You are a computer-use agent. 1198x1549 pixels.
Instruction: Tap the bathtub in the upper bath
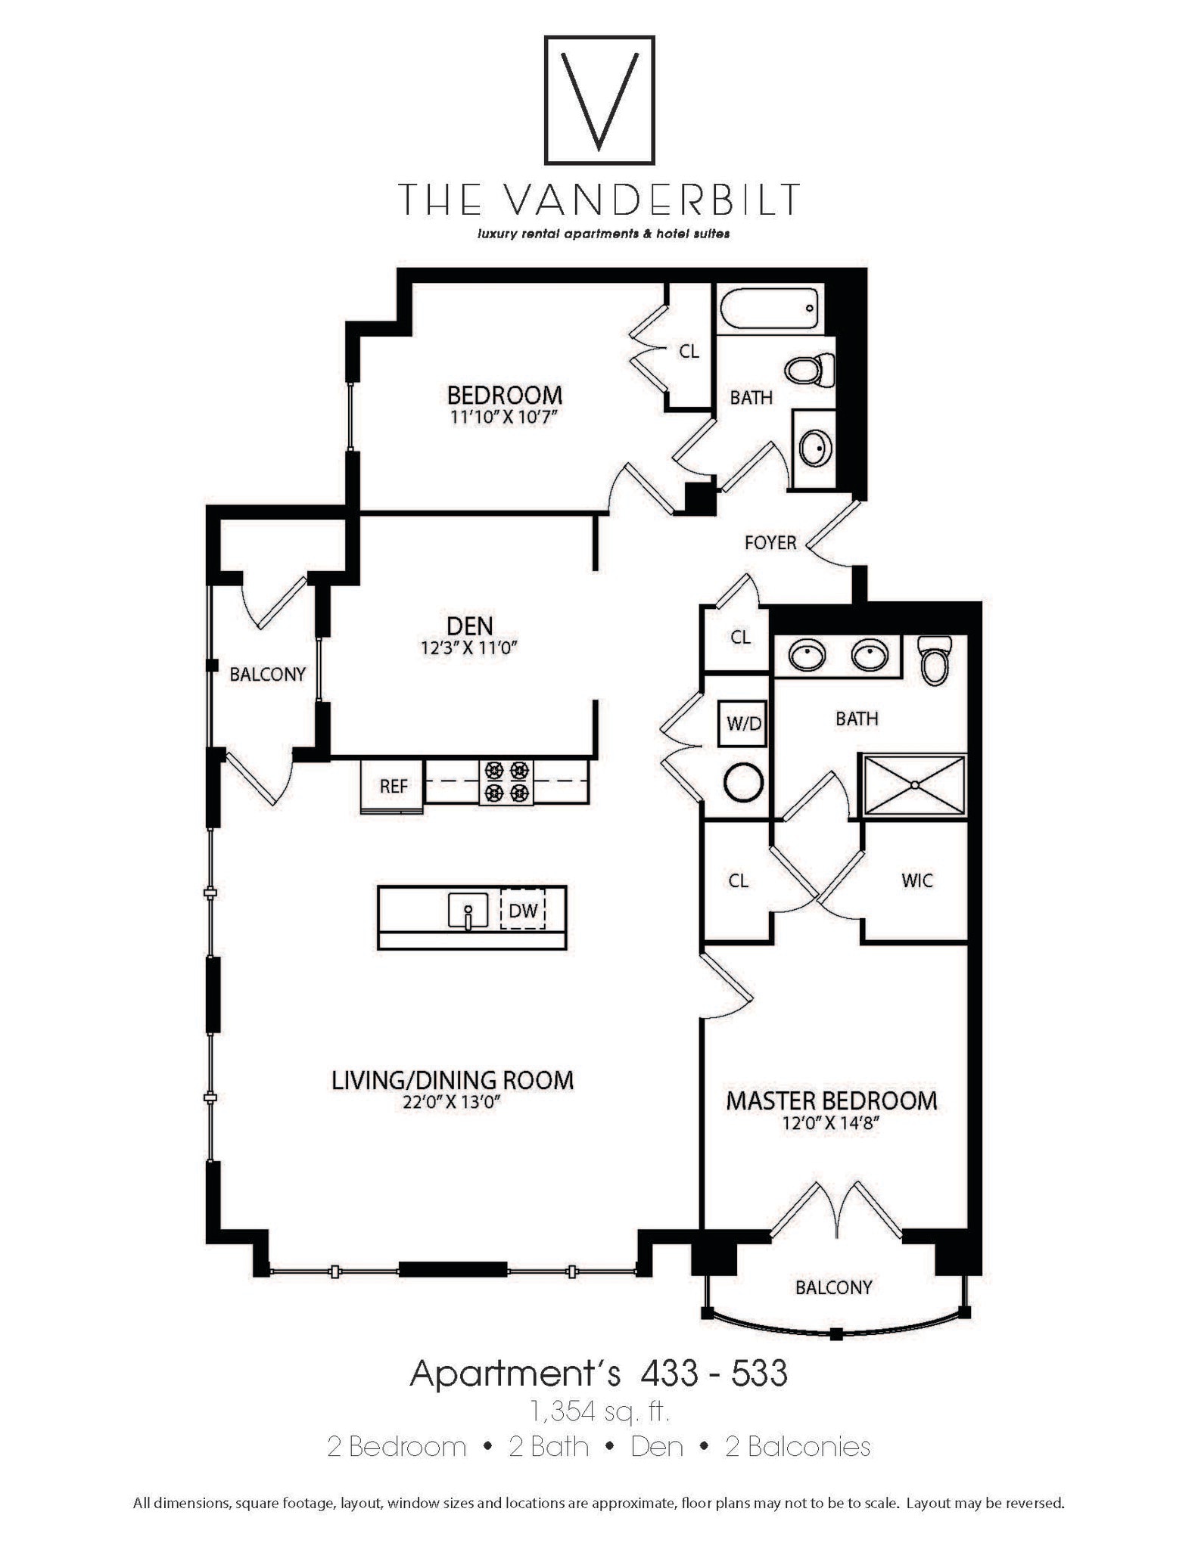(770, 309)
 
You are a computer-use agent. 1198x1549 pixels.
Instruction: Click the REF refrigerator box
(393, 786)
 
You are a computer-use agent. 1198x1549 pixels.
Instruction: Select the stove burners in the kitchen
(506, 781)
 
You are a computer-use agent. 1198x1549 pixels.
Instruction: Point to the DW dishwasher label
(522, 911)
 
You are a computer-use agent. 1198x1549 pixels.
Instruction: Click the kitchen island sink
(468, 911)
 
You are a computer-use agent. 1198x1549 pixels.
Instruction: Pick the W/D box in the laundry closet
(743, 723)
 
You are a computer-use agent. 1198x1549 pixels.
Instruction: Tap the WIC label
(917, 880)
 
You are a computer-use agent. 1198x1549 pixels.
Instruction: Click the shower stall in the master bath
(914, 785)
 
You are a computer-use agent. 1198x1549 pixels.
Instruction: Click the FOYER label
(770, 542)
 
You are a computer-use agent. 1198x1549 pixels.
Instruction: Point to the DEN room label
(469, 625)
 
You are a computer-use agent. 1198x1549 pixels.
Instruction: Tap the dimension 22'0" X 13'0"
(452, 1102)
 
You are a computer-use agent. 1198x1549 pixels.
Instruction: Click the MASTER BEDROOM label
(831, 1100)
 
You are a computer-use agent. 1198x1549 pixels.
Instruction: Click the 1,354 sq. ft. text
(599, 1411)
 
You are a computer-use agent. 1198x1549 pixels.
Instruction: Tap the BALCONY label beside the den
(267, 674)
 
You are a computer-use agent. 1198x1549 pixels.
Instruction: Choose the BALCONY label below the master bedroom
(833, 1287)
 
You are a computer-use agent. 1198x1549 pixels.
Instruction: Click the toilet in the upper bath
(807, 370)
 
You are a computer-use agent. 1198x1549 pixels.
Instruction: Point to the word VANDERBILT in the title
(650, 199)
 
